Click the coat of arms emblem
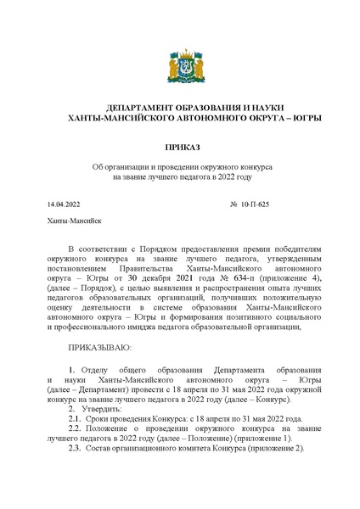click(180, 66)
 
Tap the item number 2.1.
click(74, 419)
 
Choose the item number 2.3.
click(74, 450)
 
